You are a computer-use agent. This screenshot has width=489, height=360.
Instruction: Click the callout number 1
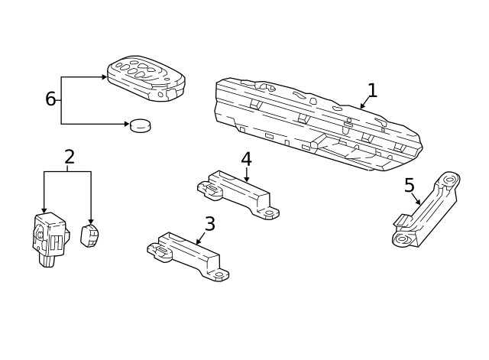[x=372, y=90]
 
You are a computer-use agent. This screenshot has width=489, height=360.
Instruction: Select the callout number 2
[x=70, y=157]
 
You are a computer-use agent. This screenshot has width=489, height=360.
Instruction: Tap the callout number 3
[x=209, y=224]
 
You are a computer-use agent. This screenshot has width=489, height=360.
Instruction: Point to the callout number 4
[x=246, y=159]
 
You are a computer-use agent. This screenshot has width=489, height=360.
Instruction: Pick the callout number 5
[x=410, y=185]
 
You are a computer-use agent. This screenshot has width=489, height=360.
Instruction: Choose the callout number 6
[x=50, y=99]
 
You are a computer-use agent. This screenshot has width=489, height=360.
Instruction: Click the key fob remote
[x=145, y=79]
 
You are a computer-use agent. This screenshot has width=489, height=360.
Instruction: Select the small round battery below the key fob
[x=140, y=124]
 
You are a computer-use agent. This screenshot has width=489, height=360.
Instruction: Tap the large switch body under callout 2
[x=49, y=237]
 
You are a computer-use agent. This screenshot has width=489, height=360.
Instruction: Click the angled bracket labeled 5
[x=425, y=211]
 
